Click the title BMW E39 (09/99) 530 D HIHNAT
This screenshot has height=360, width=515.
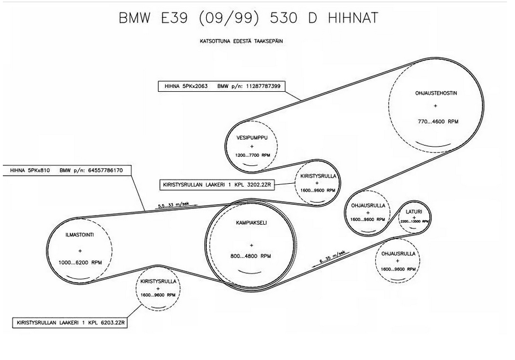[248, 18]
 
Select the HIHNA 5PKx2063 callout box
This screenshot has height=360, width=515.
[221, 87]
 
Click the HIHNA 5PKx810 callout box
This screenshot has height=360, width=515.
[67, 170]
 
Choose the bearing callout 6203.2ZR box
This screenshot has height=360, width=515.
[70, 323]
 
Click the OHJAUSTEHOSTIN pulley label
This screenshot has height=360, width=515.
[436, 93]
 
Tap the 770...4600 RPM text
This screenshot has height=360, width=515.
[438, 122]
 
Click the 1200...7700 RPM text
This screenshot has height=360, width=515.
[252, 155]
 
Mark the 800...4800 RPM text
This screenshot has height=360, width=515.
[251, 256]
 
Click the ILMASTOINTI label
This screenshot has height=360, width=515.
[80, 234]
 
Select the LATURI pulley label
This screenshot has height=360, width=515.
[413, 212]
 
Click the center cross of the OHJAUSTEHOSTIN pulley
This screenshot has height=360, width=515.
[435, 106]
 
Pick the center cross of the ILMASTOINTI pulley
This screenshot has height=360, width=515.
[80, 250]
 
